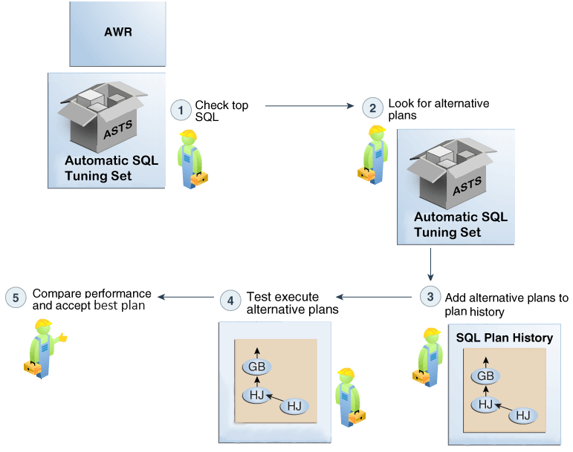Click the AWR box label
(117, 33)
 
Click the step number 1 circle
(181, 111)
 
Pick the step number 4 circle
(230, 301)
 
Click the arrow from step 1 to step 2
(308, 106)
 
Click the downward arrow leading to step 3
(431, 264)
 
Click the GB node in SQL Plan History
(486, 376)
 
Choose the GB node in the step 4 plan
(256, 367)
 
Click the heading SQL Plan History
(504, 338)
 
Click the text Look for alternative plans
(427, 109)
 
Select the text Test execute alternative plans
(292, 302)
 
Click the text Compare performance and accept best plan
(91, 299)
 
